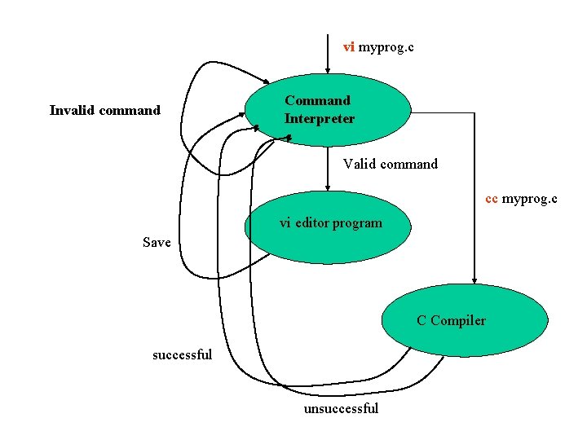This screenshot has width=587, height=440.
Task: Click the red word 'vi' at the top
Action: click(348, 47)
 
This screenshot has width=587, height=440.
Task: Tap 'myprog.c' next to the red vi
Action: click(386, 47)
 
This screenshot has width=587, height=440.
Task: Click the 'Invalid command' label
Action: click(105, 110)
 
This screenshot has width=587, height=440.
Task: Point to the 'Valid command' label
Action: click(390, 164)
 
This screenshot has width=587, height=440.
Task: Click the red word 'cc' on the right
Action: click(492, 199)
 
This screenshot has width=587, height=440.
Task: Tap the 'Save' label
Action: click(157, 242)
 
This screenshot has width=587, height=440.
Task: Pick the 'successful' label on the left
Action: click(182, 354)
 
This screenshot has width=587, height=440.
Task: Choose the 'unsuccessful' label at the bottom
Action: click(341, 408)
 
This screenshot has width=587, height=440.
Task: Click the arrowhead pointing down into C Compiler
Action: click(474, 280)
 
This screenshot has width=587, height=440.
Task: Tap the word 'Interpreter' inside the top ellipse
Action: click(320, 119)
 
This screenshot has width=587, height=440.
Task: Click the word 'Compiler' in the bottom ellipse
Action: click(458, 320)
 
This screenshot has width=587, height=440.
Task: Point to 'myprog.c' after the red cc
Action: click(530, 199)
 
